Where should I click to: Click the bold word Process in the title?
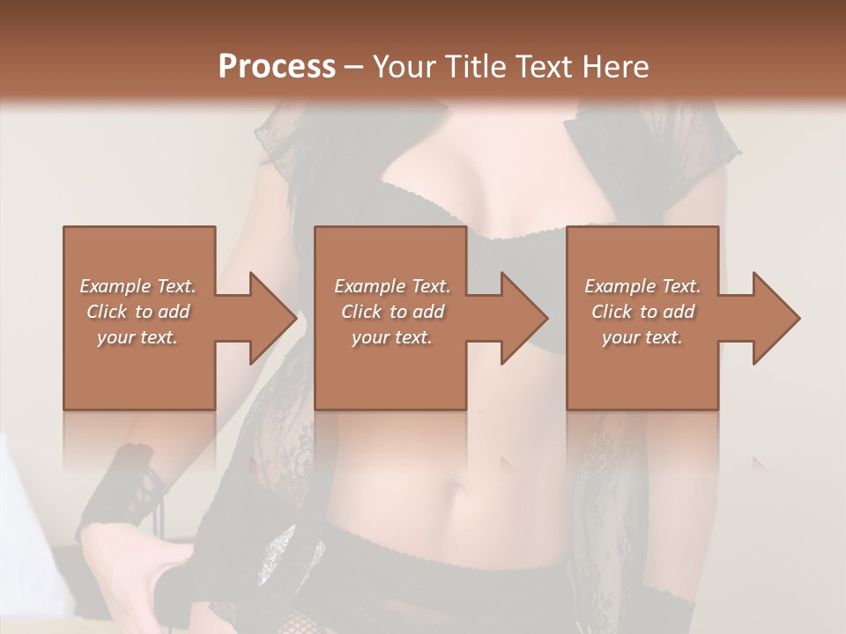(277, 66)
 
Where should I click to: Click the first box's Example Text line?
(137, 286)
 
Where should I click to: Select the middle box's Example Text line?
(392, 286)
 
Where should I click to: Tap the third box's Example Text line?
(642, 286)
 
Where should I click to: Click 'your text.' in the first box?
(137, 337)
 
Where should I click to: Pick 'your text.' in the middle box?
(392, 337)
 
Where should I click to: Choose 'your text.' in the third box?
(642, 337)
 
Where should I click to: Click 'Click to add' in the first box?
(137, 312)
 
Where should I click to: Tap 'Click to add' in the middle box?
(392, 312)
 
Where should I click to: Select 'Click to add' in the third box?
(642, 312)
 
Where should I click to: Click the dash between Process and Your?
(353, 67)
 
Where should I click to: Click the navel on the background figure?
(457, 486)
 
